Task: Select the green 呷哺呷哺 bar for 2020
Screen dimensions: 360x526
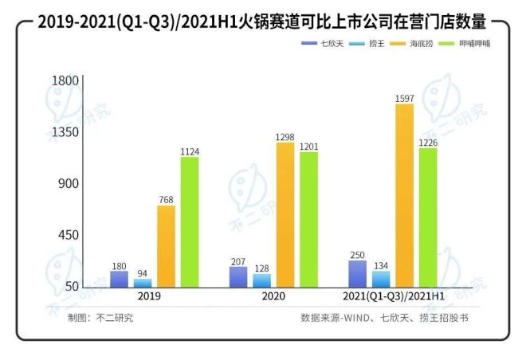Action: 308,219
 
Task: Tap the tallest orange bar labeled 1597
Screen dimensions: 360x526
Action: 405,195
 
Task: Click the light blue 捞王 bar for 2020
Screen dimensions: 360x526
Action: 262,280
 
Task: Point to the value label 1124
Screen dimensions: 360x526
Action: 190,150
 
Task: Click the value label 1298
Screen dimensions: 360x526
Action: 285,137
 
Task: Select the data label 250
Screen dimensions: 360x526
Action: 358,254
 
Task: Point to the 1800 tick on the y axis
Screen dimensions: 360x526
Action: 65,80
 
